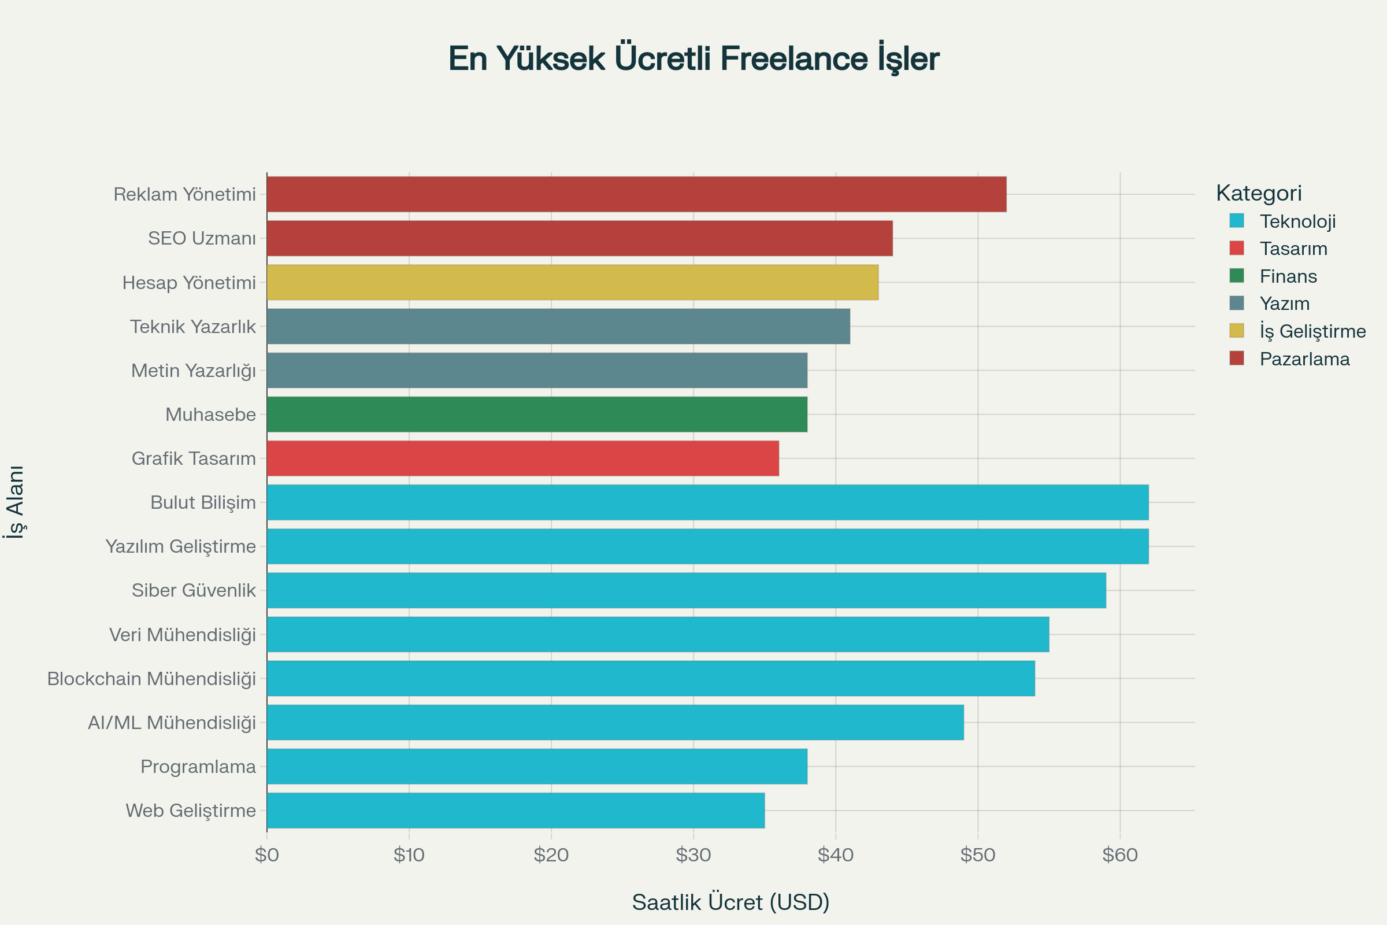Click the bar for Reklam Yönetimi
coord(636,194)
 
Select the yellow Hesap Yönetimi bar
coord(572,283)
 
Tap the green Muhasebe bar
coord(537,414)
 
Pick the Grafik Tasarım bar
coord(522,458)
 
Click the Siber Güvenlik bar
coord(686,590)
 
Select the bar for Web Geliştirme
coord(516,810)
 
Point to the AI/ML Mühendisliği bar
coord(615,722)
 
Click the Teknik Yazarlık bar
coord(558,326)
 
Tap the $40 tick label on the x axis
coord(835,855)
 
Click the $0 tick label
coord(266,855)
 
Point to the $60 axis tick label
coord(1119,855)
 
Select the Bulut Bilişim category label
coord(203,502)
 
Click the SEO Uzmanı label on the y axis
coord(202,238)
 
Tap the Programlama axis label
coord(198,767)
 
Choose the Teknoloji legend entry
coord(1297,221)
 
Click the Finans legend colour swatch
coord(1237,276)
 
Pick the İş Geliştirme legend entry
coord(1312,331)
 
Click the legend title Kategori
coord(1259,193)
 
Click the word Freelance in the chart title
coord(793,58)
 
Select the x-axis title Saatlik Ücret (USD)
coord(730,902)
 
